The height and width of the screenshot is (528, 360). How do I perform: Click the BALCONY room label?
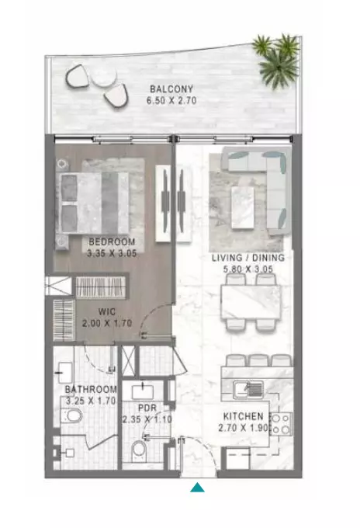pyautogui.click(x=171, y=89)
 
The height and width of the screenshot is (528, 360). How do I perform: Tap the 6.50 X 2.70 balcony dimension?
pyautogui.click(x=171, y=100)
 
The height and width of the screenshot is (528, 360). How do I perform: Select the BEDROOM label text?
pyautogui.click(x=112, y=241)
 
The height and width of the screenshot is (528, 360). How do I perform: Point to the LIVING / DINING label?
pyautogui.click(x=248, y=258)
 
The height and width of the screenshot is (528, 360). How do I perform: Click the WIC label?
pyautogui.click(x=107, y=312)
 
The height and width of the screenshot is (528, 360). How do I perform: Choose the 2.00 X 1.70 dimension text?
pyautogui.click(x=107, y=323)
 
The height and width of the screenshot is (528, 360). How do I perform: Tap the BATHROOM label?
pyautogui.click(x=91, y=390)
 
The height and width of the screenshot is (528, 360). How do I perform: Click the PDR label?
pyautogui.click(x=147, y=408)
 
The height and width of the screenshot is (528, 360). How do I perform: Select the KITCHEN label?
pyautogui.click(x=244, y=416)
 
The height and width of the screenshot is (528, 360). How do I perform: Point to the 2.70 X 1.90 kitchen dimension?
pyautogui.click(x=244, y=428)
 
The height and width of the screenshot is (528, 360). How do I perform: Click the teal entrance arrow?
pyautogui.click(x=198, y=488)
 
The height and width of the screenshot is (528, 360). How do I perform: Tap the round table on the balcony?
pyautogui.click(x=104, y=76)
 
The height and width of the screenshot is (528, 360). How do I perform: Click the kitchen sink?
pyautogui.click(x=248, y=389)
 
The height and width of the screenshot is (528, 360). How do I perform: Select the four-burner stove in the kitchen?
pyautogui.click(x=282, y=424)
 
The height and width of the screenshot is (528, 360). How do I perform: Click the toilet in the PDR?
pyautogui.click(x=139, y=451)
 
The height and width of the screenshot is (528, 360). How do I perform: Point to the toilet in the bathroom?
pyautogui.click(x=71, y=416)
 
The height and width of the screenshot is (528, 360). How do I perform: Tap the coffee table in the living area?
pyautogui.click(x=243, y=208)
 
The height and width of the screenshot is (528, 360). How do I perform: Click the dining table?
pyautogui.click(x=251, y=303)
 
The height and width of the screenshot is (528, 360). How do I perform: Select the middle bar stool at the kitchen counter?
pyautogui.click(x=258, y=360)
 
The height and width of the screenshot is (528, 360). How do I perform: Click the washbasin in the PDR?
pyautogui.click(x=143, y=392)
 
